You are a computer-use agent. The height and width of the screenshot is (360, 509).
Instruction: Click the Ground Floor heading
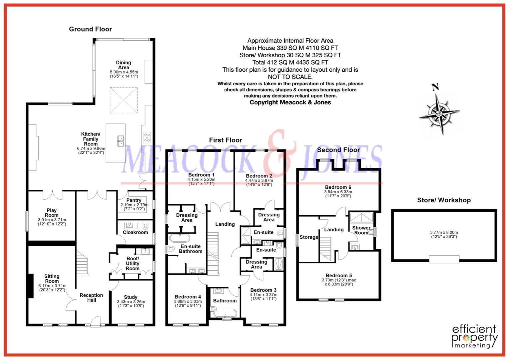(x=90, y=29)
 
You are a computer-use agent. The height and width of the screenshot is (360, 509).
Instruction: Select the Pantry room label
(x=134, y=200)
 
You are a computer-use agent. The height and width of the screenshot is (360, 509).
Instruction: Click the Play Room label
(x=52, y=213)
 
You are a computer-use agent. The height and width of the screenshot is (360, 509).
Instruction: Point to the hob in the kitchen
(x=147, y=137)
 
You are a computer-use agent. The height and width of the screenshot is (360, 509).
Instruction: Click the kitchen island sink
(x=120, y=141)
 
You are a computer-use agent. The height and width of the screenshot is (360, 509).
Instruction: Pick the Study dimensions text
(x=131, y=304)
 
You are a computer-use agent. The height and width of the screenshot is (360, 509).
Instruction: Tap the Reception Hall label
(x=91, y=298)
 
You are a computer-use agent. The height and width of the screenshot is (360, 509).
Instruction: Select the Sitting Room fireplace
(x=31, y=286)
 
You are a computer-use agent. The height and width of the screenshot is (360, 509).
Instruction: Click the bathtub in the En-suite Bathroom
(x=180, y=238)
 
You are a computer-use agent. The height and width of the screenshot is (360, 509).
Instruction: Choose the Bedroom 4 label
(x=188, y=297)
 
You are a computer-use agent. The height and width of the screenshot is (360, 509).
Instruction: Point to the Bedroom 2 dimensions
(x=259, y=182)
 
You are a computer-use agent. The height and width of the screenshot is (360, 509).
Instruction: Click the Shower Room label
(x=361, y=230)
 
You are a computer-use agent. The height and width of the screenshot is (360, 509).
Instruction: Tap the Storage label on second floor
(x=309, y=237)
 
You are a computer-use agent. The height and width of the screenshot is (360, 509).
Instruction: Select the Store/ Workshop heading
(x=444, y=200)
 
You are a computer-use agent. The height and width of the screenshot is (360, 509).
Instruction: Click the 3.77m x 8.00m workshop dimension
(x=444, y=234)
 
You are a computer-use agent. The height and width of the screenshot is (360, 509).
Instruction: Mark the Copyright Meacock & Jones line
(x=290, y=102)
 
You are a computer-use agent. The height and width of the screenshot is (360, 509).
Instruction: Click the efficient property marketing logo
(x=474, y=336)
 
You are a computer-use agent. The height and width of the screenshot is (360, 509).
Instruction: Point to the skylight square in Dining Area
(x=124, y=100)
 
